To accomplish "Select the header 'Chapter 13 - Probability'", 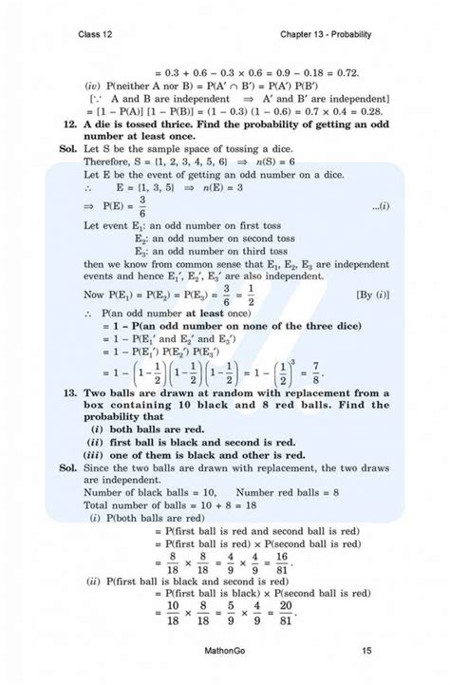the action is coord(326,35).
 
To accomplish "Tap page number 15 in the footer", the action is coord(366,651).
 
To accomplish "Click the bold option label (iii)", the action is coord(93,455).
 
